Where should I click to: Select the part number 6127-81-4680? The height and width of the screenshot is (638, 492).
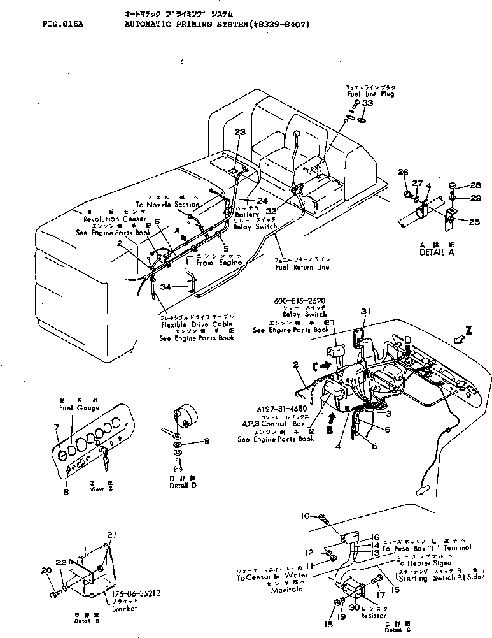282,409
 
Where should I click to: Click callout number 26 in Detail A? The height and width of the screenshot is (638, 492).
402,173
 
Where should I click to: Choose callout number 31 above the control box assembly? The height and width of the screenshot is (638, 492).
365,310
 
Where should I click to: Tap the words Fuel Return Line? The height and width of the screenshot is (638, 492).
302,267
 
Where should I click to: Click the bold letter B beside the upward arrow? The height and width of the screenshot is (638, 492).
328,431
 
